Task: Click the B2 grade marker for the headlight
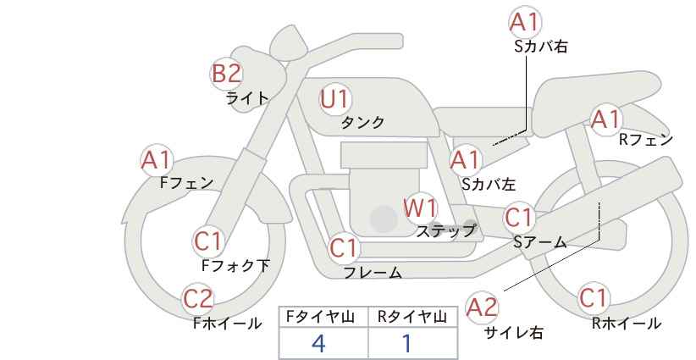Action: click(226, 73)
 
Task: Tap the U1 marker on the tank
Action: click(335, 99)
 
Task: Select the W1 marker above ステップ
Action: click(420, 208)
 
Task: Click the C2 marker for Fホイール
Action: click(198, 299)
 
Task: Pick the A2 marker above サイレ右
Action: click(482, 307)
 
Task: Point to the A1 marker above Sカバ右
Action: click(525, 22)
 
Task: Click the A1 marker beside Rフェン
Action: click(606, 119)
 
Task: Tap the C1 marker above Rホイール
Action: click(594, 298)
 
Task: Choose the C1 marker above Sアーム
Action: click(519, 218)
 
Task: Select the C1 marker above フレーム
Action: click(344, 247)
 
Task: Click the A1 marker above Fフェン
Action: click(157, 160)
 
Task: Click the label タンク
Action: click(362, 122)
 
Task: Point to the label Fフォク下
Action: click(235, 265)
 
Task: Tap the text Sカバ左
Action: click(489, 184)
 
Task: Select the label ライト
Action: click(247, 97)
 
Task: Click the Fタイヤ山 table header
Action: click(320, 317)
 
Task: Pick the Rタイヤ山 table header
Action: click(412, 317)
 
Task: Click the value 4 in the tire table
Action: click(318, 343)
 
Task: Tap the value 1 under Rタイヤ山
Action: click(406, 343)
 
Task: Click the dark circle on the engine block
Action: click(384, 219)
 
